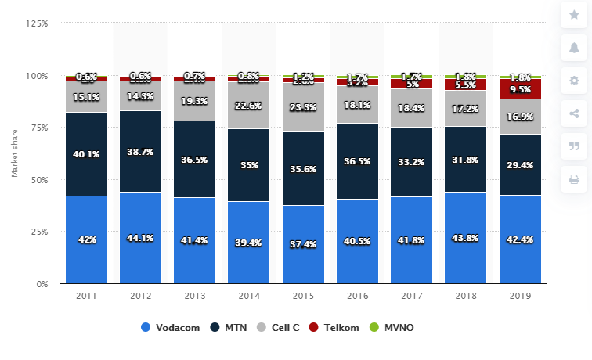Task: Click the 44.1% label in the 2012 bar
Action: pyautogui.click(x=140, y=237)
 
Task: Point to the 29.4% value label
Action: pyautogui.click(x=520, y=165)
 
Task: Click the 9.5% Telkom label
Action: pyautogui.click(x=520, y=89)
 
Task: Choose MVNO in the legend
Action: pyautogui.click(x=393, y=328)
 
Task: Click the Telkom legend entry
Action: pyautogui.click(x=338, y=328)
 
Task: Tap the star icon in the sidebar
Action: pyautogui.click(x=574, y=15)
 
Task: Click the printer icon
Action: pyautogui.click(x=574, y=179)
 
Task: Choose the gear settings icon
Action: pyautogui.click(x=574, y=81)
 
